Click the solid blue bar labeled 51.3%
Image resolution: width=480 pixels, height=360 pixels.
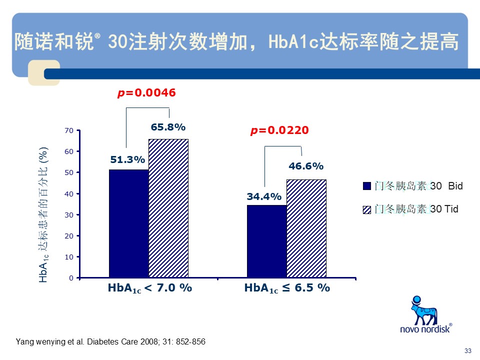point(128,223)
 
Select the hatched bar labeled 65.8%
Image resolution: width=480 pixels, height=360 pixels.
point(168,208)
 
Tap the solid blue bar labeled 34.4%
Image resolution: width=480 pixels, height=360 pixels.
point(266,241)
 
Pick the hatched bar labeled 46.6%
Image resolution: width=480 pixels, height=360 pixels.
point(306,228)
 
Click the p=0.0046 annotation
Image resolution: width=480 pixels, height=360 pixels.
point(146,93)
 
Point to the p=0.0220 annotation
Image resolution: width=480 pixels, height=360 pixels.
point(279,130)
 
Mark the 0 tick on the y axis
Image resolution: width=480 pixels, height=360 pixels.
point(71,277)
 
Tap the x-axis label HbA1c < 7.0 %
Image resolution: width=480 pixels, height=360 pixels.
point(149,288)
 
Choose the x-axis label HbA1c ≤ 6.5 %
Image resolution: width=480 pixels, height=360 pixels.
point(287,288)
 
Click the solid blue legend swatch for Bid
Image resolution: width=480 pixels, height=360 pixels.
point(366,186)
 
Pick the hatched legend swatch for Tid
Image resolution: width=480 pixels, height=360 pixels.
point(366,209)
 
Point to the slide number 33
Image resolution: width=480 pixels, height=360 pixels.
point(468,350)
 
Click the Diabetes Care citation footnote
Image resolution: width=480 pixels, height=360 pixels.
point(110,342)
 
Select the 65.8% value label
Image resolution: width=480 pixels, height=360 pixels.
point(168,127)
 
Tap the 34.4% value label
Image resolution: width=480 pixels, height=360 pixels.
point(264,196)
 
